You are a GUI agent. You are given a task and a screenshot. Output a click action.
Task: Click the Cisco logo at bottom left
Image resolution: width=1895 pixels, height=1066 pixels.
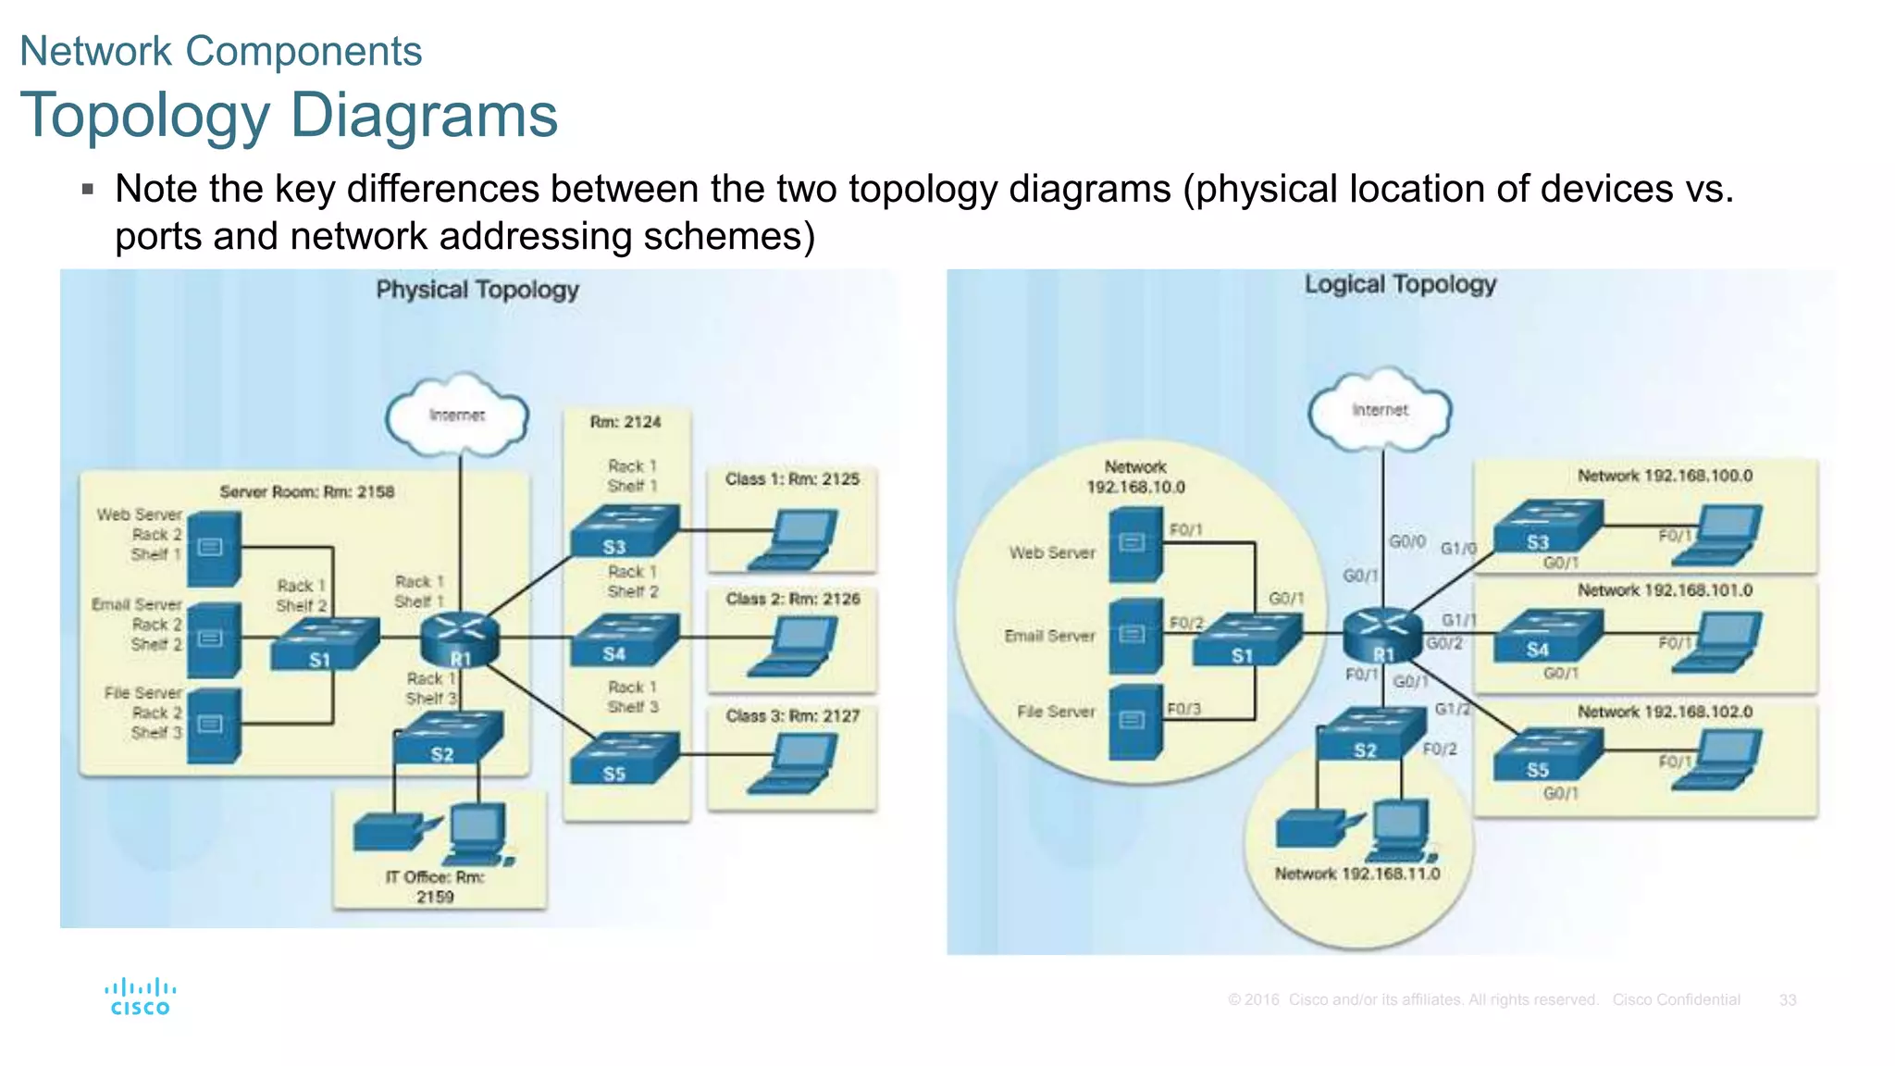click(x=140, y=997)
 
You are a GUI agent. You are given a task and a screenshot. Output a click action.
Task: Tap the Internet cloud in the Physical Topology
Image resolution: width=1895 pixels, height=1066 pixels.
click(x=457, y=415)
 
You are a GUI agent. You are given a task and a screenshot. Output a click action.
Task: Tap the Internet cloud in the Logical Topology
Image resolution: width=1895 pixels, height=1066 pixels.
click(x=1380, y=410)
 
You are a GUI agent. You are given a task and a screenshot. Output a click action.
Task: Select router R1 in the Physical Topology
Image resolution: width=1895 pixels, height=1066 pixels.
click(x=459, y=638)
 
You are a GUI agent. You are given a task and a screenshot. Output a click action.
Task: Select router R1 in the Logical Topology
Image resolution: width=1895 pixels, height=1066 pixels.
click(x=1382, y=634)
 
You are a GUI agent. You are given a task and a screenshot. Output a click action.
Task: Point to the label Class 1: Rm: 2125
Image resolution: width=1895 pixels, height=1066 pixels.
click(x=792, y=479)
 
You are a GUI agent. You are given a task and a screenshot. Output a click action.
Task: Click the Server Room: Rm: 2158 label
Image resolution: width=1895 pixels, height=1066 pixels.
click(x=307, y=492)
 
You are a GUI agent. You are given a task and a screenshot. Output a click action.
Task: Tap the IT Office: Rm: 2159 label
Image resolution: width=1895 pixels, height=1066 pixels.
click(x=435, y=886)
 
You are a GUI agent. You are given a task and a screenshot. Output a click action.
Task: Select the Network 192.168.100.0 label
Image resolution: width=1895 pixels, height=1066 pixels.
click(x=1665, y=476)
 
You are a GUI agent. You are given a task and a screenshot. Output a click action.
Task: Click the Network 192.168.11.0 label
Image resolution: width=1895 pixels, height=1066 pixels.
click(x=1357, y=874)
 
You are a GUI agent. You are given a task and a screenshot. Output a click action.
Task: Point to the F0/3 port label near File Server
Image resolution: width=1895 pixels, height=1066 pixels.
click(x=1183, y=709)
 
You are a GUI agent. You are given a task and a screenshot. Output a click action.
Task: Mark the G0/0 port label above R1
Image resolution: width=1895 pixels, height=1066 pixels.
click(x=1406, y=541)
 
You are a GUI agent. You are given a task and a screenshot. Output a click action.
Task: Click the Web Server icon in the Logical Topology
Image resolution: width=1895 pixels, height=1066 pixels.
click(x=1134, y=545)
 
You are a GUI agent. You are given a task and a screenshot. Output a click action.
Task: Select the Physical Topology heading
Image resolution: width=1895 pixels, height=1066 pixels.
click(x=477, y=290)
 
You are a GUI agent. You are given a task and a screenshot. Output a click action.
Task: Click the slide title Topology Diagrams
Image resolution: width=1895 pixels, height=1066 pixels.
click(x=289, y=116)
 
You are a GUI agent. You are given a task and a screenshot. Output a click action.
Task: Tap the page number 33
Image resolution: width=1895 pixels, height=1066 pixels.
click(x=1787, y=1000)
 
